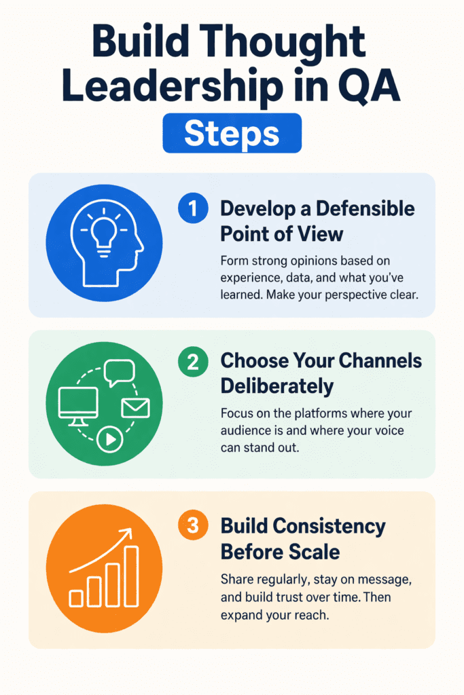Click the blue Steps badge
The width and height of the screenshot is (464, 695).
(232, 133)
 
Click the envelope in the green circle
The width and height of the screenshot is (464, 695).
(135, 408)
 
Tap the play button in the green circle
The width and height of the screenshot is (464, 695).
(108, 440)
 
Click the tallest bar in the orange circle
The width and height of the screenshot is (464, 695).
(131, 576)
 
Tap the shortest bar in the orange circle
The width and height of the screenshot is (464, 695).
(76, 597)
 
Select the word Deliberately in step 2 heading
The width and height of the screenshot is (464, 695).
(277, 386)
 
